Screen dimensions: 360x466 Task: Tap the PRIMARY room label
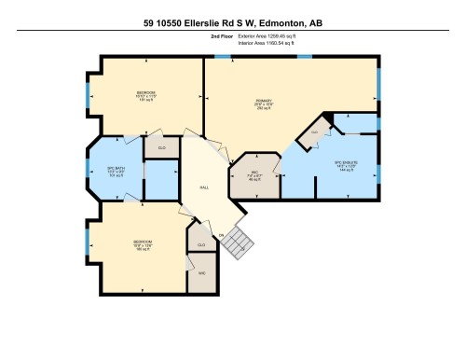262,104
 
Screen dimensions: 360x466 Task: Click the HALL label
205,187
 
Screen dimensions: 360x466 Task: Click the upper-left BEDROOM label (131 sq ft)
146,95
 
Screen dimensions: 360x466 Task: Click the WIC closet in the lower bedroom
200,277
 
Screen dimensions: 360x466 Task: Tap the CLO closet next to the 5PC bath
161,146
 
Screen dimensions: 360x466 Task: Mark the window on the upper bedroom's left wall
89,94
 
